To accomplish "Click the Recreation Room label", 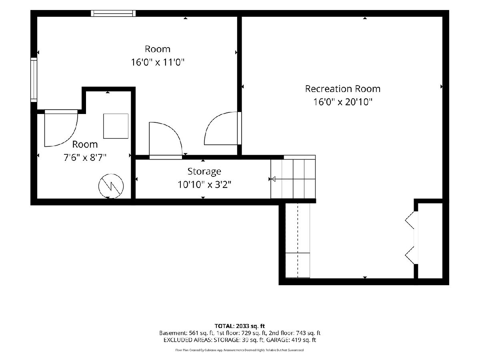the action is click(x=343, y=89).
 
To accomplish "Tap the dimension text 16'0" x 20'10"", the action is click(x=343, y=102).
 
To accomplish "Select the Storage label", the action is click(x=204, y=172).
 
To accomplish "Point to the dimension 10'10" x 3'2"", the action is click(x=204, y=185).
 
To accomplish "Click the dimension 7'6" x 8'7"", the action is click(x=85, y=157).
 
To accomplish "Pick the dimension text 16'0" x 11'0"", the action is click(x=158, y=62).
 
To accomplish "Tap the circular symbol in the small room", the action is click(x=111, y=186).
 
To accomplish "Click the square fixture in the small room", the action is click(x=116, y=126).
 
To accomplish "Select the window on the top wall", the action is click(x=113, y=13).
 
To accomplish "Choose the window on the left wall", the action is click(x=34, y=80).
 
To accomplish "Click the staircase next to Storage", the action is click(x=293, y=179).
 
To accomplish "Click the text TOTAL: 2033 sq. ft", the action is click(x=240, y=326).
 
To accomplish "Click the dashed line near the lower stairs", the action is click(x=298, y=240).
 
